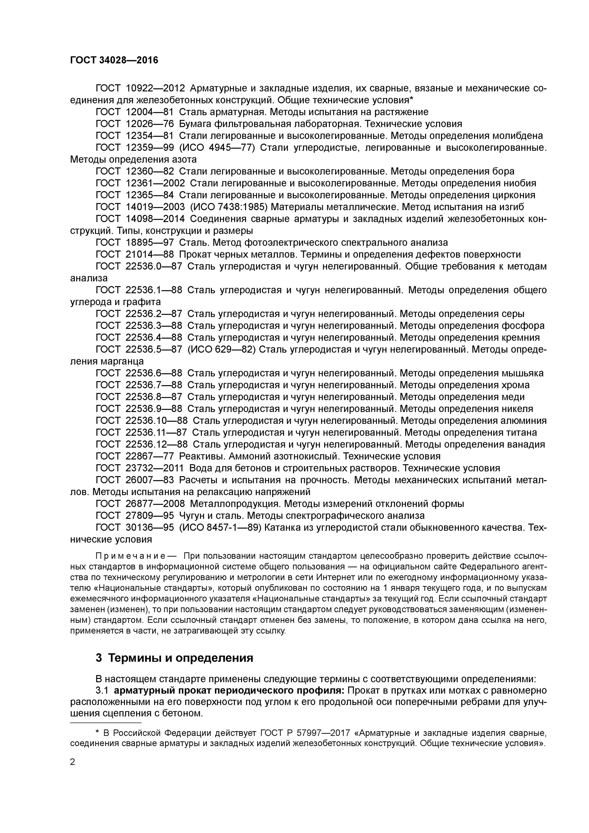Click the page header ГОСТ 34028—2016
(x=114, y=60)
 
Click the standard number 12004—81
(x=149, y=112)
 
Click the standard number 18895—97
(x=149, y=242)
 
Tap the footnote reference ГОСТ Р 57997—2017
(x=305, y=733)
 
